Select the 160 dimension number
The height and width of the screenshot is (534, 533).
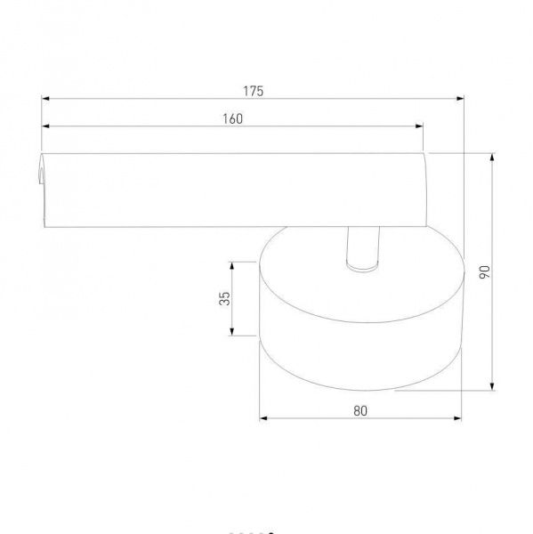[232, 118]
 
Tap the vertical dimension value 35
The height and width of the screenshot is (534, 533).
[225, 298]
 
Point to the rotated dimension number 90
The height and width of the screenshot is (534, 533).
[484, 271]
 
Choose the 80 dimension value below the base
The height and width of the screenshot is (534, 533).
[359, 410]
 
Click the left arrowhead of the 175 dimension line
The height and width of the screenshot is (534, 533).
[44, 99]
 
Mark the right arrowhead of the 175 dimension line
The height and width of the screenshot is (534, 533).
[463, 99]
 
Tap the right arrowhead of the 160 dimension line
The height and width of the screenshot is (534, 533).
[420, 126]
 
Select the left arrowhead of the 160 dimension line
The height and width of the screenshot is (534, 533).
[44, 126]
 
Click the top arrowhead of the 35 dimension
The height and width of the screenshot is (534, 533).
[232, 264]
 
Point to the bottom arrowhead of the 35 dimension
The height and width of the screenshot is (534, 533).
[232, 334]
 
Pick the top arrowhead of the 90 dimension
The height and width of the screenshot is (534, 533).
[493, 156]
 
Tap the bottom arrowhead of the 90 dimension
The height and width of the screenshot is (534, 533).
[493, 387]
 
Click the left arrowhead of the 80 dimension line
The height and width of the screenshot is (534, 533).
[262, 418]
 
